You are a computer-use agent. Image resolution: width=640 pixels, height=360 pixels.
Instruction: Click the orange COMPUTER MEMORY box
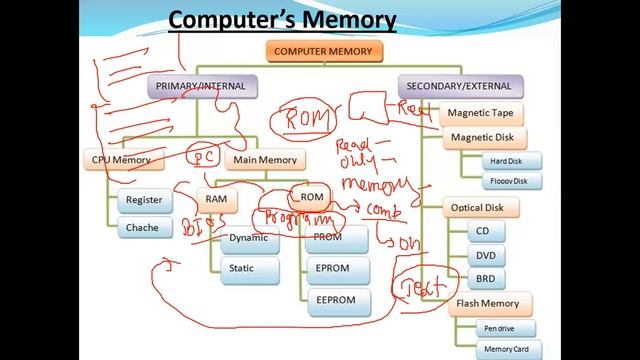click(322, 51)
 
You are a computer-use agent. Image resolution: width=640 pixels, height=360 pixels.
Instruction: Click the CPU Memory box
click(121, 159)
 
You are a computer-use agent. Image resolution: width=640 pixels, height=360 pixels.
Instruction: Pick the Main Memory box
click(265, 159)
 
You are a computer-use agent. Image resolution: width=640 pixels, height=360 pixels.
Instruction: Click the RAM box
click(216, 199)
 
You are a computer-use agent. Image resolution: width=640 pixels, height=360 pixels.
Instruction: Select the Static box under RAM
click(241, 268)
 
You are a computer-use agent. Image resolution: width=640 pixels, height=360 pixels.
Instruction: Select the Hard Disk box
click(502, 161)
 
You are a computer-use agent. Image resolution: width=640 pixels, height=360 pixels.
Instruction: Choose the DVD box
click(485, 255)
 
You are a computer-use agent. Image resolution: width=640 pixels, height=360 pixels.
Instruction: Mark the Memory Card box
click(505, 349)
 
